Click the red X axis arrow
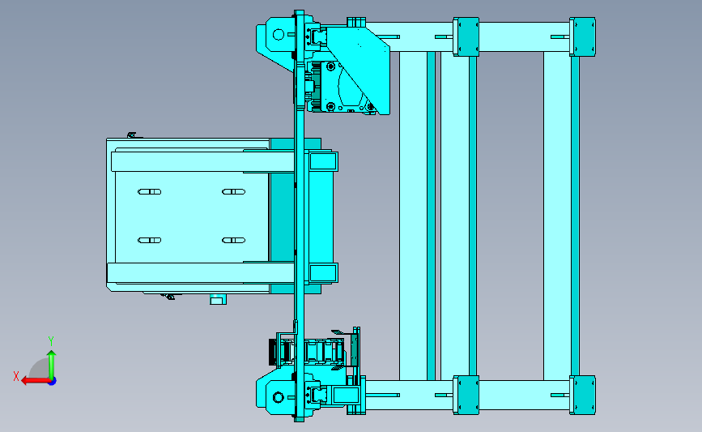[36, 381]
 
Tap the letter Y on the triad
[50, 341]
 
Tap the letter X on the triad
[16, 376]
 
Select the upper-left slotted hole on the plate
[150, 192]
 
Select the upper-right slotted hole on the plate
[234, 192]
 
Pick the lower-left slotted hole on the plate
[150, 240]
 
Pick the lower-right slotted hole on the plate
[234, 240]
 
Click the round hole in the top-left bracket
[279, 35]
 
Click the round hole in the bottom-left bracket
[279, 397]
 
